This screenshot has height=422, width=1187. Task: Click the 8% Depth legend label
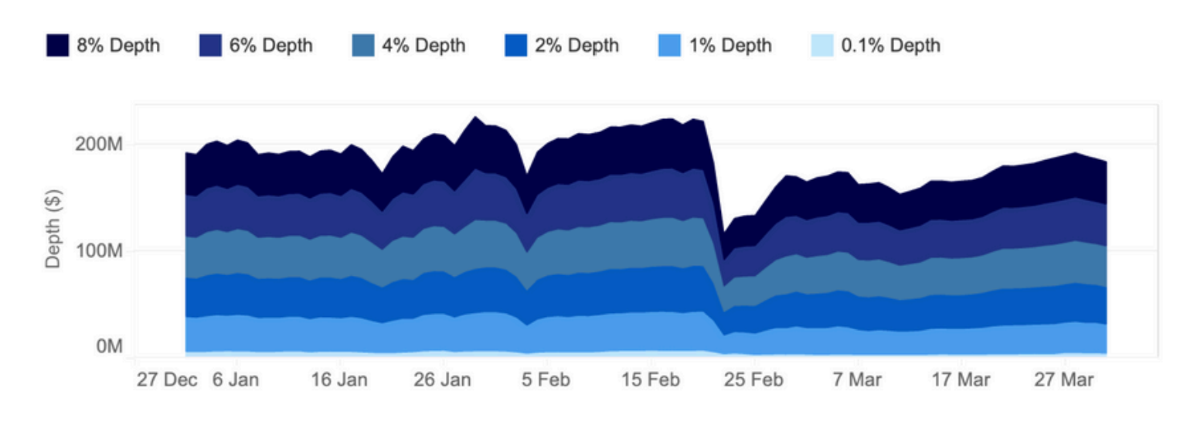coord(118,46)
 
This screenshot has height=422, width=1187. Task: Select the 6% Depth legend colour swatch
coord(210,46)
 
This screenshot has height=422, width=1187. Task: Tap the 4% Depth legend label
coord(423,46)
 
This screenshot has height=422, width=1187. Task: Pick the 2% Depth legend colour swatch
coord(516,46)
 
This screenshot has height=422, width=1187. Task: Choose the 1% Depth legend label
coord(730,46)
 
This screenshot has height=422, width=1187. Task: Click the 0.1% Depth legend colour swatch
coord(823,46)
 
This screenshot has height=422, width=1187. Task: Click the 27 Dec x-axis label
coord(167,380)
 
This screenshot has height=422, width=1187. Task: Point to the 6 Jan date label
coord(236,380)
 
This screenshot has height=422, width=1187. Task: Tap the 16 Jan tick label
coord(340,380)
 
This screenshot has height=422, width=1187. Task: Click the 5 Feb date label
coord(547,380)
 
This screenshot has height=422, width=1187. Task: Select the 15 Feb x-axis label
coord(651,380)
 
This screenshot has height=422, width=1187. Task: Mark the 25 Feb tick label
coord(754,380)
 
